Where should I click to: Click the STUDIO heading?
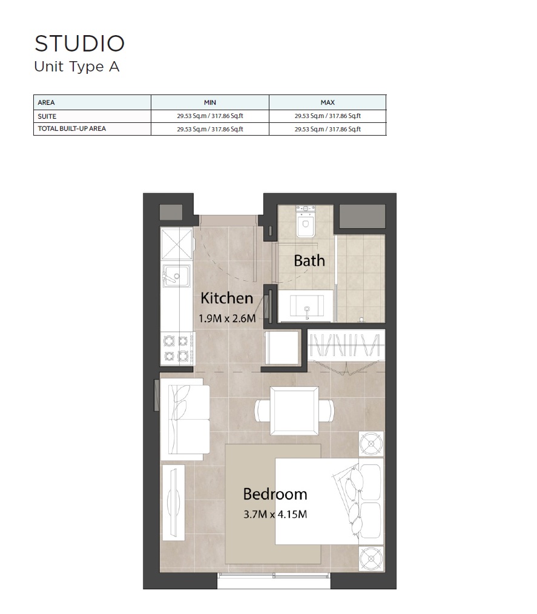click(79, 44)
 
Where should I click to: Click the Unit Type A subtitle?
click(77, 67)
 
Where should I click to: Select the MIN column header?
click(209, 102)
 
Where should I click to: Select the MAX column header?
click(328, 102)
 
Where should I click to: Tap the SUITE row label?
click(47, 116)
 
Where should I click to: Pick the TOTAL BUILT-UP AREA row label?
click(71, 128)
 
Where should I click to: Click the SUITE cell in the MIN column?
click(209, 116)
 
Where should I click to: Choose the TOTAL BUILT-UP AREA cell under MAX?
click(328, 129)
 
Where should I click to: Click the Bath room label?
click(309, 261)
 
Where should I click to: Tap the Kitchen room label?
click(226, 298)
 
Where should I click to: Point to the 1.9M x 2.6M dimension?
click(226, 317)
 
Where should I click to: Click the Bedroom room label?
click(275, 494)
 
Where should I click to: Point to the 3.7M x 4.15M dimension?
click(275, 515)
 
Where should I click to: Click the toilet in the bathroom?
click(305, 220)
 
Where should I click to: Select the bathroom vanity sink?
click(308, 307)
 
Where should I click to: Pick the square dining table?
click(294, 409)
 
